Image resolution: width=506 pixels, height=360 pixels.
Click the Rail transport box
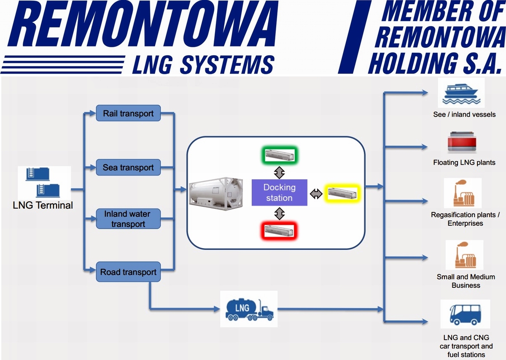[128, 113]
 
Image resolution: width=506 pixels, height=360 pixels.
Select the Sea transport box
[128, 168]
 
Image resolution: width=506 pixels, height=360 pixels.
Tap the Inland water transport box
[128, 219]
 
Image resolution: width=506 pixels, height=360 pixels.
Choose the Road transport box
[128, 272]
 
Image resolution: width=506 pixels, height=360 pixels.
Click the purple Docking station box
[279, 192]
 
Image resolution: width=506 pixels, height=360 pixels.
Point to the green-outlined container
[279, 155]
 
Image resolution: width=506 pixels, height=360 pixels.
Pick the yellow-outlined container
[342, 193]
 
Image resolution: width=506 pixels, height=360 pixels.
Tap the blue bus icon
[465, 314]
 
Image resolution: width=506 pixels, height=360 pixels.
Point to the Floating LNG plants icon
[462, 143]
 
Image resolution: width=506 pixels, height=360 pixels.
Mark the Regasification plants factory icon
[463, 194]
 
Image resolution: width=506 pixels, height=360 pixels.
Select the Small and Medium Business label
[466, 281]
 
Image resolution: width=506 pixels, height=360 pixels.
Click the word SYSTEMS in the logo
[227, 65]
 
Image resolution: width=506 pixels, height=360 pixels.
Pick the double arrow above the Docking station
[279, 172]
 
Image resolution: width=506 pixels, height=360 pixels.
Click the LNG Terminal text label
[43, 206]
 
